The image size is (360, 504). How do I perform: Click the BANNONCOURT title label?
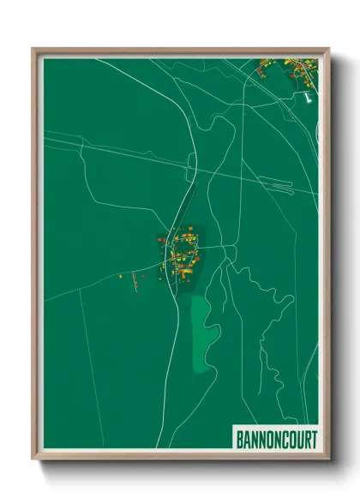pyautogui.click(x=275, y=439)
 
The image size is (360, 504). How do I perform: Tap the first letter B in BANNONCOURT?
pyautogui.click(x=239, y=439)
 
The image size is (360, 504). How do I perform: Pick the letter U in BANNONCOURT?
pyautogui.click(x=297, y=439)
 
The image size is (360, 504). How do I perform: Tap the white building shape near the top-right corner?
pyautogui.click(x=306, y=97)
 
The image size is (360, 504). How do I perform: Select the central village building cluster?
pyautogui.click(x=181, y=252)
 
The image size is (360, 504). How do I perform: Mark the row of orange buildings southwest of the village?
pyautogui.click(x=137, y=279)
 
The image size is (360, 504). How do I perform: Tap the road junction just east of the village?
pyautogui.click(x=224, y=247)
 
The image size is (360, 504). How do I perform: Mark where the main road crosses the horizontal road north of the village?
pyautogui.click(x=189, y=160)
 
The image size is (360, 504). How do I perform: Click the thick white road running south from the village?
pyautogui.click(x=181, y=343)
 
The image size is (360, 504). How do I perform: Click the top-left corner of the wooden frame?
pyautogui.click(x=33, y=49)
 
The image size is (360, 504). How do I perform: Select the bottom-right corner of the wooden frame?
pyautogui.click(x=327, y=460)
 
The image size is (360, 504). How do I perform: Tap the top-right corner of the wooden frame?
pyautogui.click(x=327, y=49)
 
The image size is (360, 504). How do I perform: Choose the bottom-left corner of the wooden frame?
pyautogui.click(x=33, y=460)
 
